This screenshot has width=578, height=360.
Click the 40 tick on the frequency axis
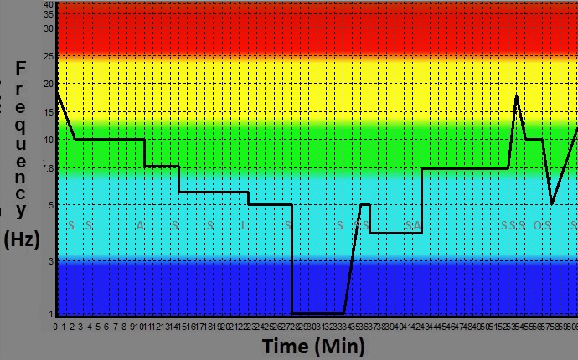49,4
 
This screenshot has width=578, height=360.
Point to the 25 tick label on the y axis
49,56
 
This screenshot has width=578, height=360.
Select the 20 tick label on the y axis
49,84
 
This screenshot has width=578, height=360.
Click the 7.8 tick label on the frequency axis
48,168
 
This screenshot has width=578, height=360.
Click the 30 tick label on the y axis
49,28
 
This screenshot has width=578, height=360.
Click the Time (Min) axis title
312,346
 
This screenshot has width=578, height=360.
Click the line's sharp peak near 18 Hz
517,95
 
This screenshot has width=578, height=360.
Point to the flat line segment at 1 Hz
318,313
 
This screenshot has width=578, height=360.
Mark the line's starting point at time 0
57,91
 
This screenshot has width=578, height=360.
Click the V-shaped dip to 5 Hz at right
552,203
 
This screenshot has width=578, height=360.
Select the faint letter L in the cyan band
244,225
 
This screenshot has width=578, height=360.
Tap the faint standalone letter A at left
140,225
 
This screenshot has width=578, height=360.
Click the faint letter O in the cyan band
539,225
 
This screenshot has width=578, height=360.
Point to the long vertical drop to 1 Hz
292,260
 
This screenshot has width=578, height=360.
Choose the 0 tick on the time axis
55,326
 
